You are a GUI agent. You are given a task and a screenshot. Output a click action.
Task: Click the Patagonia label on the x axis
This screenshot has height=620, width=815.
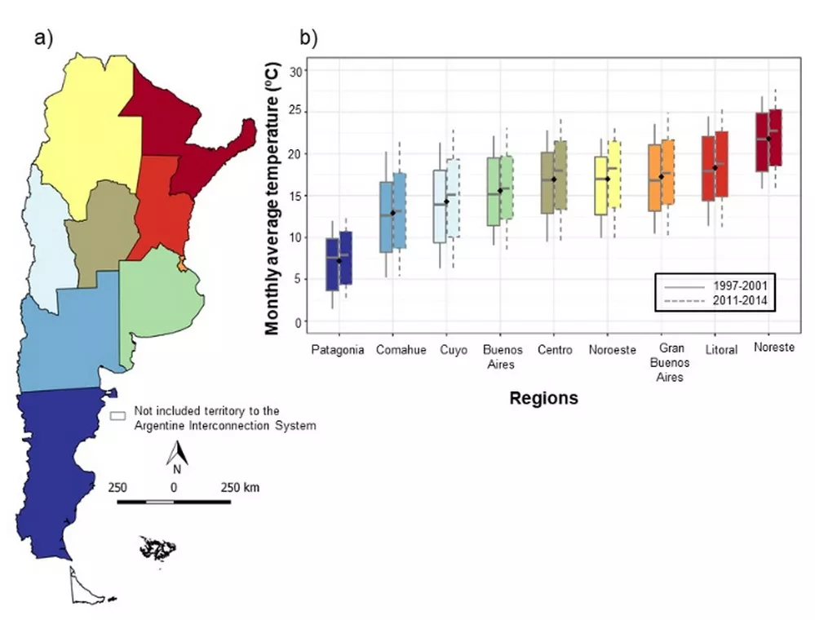(x=337, y=350)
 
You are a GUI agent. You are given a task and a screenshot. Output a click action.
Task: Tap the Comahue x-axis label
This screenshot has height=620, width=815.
(x=401, y=350)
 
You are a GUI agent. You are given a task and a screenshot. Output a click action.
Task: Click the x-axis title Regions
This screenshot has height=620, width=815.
(x=543, y=398)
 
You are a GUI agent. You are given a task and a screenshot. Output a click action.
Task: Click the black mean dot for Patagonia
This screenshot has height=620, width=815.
(x=339, y=260)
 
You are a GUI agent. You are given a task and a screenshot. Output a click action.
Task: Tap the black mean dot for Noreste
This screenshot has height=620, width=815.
(x=768, y=139)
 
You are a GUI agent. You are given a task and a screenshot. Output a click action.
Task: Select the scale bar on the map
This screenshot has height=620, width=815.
(x=173, y=500)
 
